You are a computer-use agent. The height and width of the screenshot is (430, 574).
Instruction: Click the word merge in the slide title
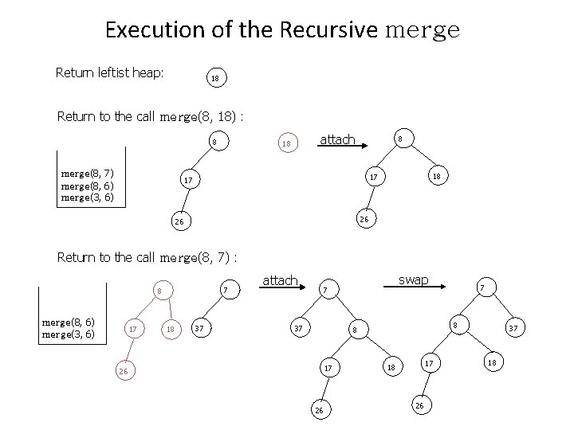(422, 31)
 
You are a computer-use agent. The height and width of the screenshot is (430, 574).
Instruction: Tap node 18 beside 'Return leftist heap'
(214, 79)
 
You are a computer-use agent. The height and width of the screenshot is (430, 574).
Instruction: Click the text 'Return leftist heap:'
(110, 73)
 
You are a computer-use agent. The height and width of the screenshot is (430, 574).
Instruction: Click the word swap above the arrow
(414, 279)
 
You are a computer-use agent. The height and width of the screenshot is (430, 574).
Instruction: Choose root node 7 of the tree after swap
(481, 287)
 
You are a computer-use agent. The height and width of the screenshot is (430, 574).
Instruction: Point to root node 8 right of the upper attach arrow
(400, 139)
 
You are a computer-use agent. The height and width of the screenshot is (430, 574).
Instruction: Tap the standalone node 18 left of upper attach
(285, 144)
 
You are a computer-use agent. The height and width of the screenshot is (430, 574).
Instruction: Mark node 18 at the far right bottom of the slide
(493, 363)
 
